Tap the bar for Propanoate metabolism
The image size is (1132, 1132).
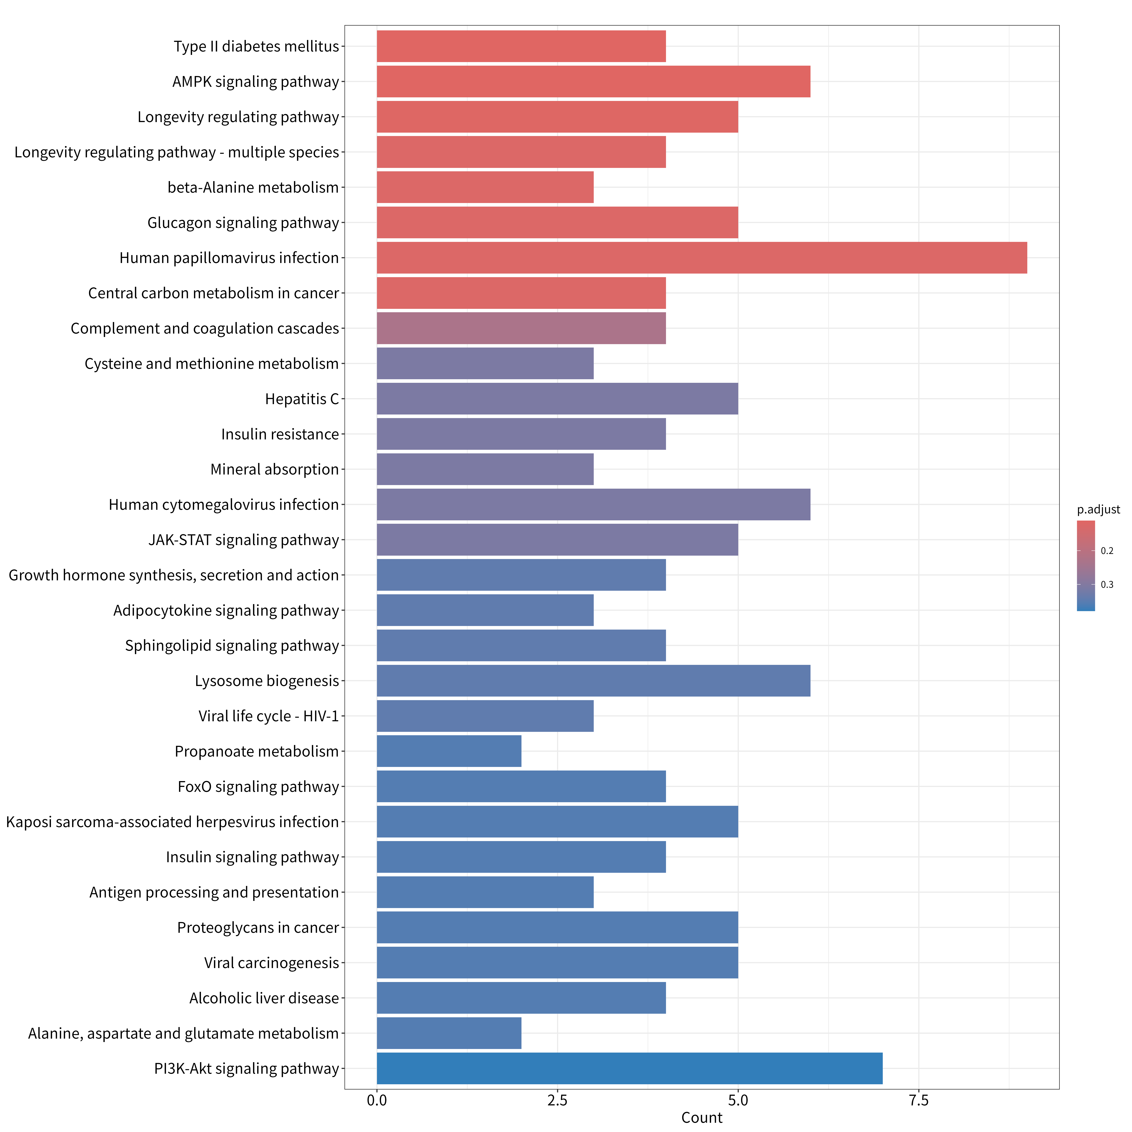click(449, 751)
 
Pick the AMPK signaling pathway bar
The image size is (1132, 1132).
click(594, 82)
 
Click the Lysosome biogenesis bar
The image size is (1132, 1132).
click(594, 681)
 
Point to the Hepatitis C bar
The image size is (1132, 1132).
click(557, 398)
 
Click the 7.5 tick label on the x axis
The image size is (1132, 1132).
click(919, 1100)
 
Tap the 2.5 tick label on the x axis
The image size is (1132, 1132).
click(557, 1100)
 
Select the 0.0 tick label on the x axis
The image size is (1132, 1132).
click(377, 1100)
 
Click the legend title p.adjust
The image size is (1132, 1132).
click(1098, 510)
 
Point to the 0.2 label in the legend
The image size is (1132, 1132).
click(1107, 551)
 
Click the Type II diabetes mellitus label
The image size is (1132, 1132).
click(256, 46)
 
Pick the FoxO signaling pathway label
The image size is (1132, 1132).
click(258, 786)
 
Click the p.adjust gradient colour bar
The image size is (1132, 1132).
click(1086, 565)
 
